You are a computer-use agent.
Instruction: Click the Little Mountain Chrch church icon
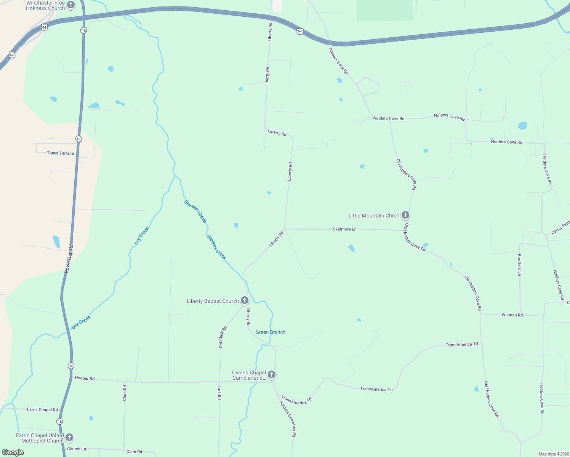pyautogui.click(x=405, y=215)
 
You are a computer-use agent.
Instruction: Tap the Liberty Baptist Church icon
pyautogui.click(x=245, y=300)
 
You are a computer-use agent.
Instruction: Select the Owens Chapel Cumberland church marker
pyautogui.click(x=272, y=375)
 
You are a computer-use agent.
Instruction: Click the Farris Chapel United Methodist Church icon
pyautogui.click(x=69, y=437)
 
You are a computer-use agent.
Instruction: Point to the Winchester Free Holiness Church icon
pyautogui.click(x=71, y=5)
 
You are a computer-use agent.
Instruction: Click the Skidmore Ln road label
pyautogui.click(x=344, y=229)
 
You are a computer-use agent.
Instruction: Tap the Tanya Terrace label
pyautogui.click(x=60, y=153)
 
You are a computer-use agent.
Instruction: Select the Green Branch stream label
pyautogui.click(x=271, y=332)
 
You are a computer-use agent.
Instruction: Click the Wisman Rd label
pyautogui.click(x=512, y=315)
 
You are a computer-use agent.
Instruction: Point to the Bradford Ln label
pyautogui.click(x=519, y=265)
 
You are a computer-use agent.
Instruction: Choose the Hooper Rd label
pyautogui.click(x=85, y=378)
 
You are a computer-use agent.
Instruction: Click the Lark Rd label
pyautogui.click(x=219, y=392)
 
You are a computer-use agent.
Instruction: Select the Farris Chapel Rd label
pyautogui.click(x=42, y=410)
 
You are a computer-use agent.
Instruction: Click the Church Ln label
pyautogui.click(x=77, y=449)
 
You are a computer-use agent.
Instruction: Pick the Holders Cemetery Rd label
pyautogui.click(x=288, y=419)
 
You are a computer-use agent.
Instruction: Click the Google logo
pyautogui.click(x=13, y=452)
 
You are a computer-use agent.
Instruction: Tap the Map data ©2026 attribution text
pyautogui.click(x=553, y=454)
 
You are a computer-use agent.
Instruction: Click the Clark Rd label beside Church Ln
pyautogui.click(x=134, y=452)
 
